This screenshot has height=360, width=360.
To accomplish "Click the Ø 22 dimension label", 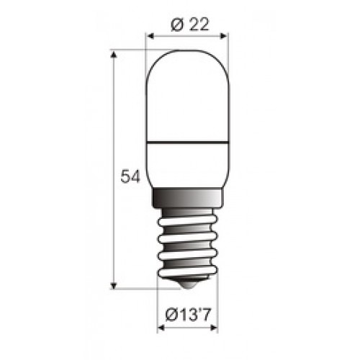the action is point(190,24).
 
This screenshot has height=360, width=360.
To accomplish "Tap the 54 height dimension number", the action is point(130,176).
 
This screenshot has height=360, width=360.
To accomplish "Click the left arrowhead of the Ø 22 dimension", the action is point(150,36).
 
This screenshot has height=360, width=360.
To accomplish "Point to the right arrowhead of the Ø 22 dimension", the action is point(223,36).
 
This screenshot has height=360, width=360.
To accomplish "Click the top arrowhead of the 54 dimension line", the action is point(114,55).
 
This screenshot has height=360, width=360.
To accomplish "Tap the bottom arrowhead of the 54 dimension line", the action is point(114,285).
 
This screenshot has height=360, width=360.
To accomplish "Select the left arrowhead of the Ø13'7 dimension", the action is point(161,328).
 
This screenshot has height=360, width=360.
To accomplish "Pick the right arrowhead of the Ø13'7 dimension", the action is point(214,328).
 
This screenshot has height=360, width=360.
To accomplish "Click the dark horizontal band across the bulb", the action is point(187,143).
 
